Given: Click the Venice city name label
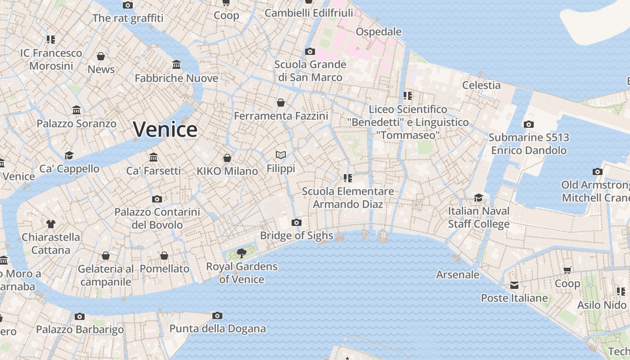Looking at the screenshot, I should point(165,130).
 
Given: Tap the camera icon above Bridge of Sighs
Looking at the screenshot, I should point(296,222).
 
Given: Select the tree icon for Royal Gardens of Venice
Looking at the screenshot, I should point(242,253).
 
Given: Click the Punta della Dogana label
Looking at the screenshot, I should point(217,328).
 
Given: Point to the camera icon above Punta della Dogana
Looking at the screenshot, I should point(217,315).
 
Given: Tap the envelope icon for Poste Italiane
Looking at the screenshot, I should point(514,285).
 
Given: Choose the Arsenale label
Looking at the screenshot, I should point(458,274).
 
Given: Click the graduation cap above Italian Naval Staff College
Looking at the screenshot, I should point(478,198).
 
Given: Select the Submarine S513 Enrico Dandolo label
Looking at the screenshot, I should point(529,144).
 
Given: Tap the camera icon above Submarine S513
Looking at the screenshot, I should point(529,125).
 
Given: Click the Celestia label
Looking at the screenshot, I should point(481,85).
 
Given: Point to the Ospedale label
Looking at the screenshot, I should point(378,31).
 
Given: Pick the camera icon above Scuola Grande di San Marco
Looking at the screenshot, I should point(310,52).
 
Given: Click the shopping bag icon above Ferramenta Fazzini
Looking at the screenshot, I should point(281,103).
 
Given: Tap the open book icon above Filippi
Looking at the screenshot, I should point(281,155).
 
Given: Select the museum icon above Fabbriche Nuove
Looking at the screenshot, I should point(176,65).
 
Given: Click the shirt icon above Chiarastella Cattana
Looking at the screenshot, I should point(50,224).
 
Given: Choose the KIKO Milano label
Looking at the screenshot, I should point(227,171).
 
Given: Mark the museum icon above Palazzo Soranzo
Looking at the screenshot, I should point(76,110).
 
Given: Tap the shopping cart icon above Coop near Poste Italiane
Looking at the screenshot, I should point(567,270).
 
